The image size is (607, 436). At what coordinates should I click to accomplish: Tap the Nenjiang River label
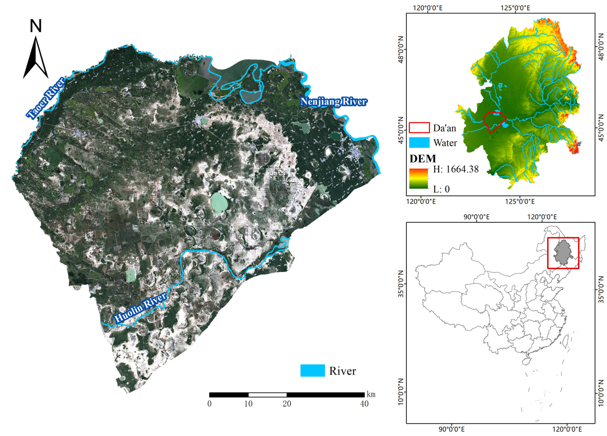pos(333,102)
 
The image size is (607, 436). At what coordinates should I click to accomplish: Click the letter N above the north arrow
pos(36,26)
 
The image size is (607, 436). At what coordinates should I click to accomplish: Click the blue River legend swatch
pos(312,370)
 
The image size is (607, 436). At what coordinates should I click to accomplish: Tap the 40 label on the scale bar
pos(364,404)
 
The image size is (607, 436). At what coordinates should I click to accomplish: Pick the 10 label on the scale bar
pos(248,404)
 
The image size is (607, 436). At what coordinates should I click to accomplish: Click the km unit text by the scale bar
pos(371,394)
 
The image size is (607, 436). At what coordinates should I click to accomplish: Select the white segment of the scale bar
pos(267,395)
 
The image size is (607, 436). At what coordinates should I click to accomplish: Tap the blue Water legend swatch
pos(419,142)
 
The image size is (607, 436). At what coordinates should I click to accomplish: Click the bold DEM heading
pos(423,158)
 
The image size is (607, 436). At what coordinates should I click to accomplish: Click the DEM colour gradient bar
pos(419,178)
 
